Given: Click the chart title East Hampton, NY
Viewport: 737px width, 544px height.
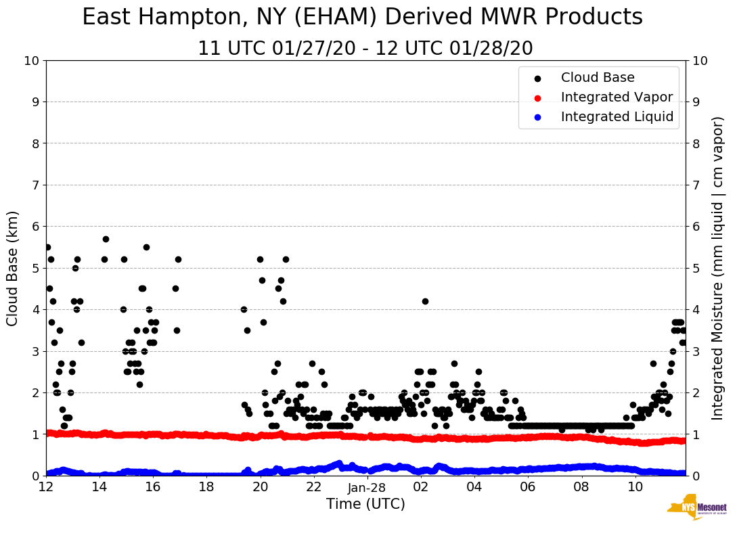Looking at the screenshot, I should pos(362,18).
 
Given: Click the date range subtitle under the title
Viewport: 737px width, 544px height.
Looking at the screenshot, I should pos(365,49).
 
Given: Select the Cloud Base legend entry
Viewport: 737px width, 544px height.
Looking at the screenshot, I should pos(598,78).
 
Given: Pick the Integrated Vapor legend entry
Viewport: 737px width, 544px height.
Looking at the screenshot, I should pos(617,97).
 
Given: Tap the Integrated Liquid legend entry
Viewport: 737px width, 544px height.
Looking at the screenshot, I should pos(617,117).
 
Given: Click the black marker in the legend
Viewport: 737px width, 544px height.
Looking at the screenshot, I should pos(537,78).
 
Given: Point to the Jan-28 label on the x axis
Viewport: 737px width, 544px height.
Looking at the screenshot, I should pos(367,488).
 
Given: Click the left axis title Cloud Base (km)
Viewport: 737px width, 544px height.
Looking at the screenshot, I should pos(13,268).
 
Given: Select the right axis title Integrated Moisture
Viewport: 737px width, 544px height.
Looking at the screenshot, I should pos(717,268).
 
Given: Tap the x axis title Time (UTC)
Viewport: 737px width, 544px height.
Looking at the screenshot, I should pos(365,504).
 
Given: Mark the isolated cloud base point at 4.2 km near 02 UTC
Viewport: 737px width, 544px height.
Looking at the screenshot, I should pos(425,301).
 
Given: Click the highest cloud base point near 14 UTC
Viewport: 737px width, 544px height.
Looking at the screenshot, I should pos(106,239).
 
